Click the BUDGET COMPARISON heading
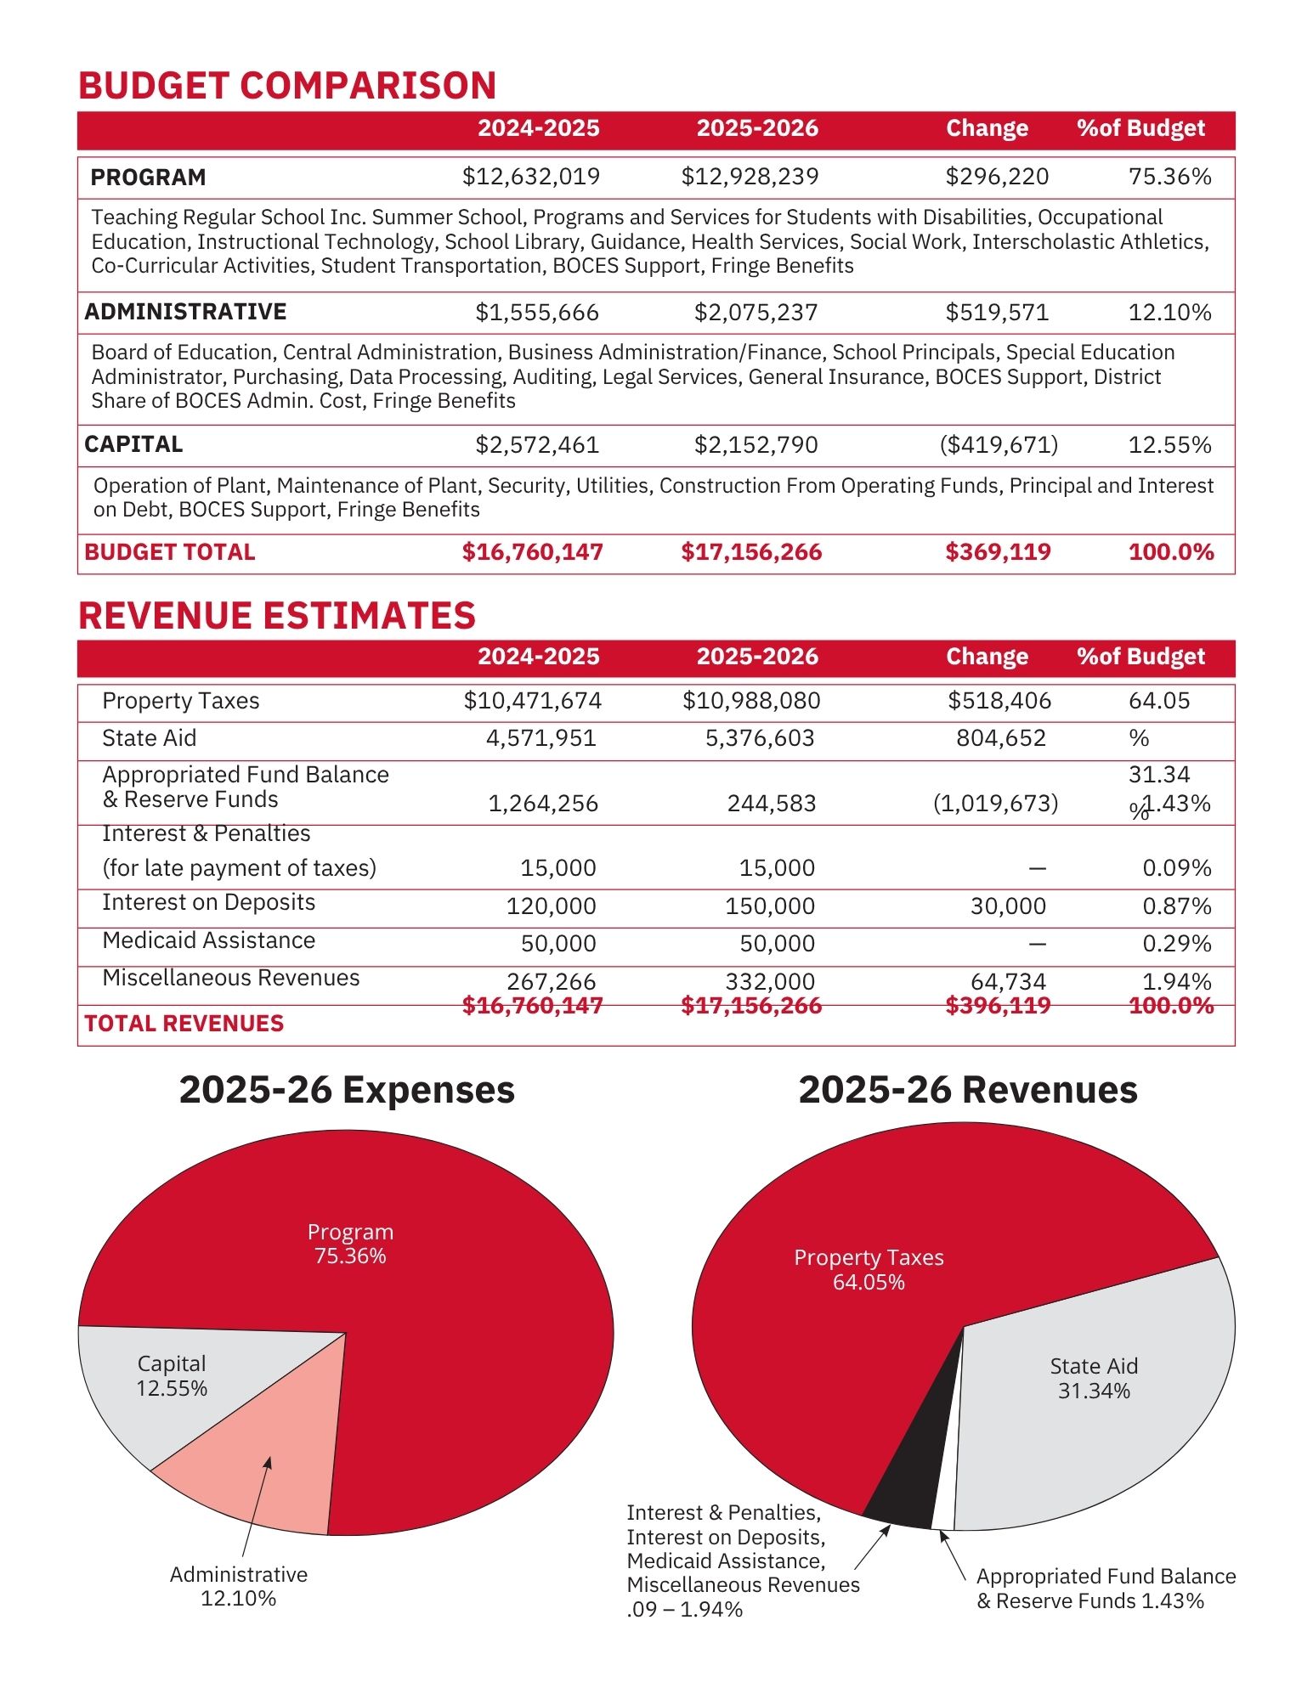[x=287, y=86]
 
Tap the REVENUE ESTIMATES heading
[x=276, y=616]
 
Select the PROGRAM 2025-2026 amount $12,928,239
[x=750, y=177]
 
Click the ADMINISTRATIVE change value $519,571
[x=997, y=313]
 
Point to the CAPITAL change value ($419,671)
[x=999, y=445]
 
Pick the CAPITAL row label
[x=133, y=444]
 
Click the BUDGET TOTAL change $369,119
[x=998, y=552]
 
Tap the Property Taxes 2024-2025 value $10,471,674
[x=532, y=701]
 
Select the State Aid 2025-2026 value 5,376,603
[x=760, y=738]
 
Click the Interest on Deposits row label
[x=208, y=902]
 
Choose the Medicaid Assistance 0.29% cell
[x=1176, y=944]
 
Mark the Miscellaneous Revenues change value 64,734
[x=1008, y=981]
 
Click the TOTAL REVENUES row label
[x=184, y=1024]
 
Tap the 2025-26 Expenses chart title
[x=347, y=1090]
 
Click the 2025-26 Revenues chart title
[x=967, y=1090]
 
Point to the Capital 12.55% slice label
[x=172, y=1375]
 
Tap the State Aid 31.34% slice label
[x=1093, y=1378]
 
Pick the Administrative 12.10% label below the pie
[x=238, y=1586]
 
